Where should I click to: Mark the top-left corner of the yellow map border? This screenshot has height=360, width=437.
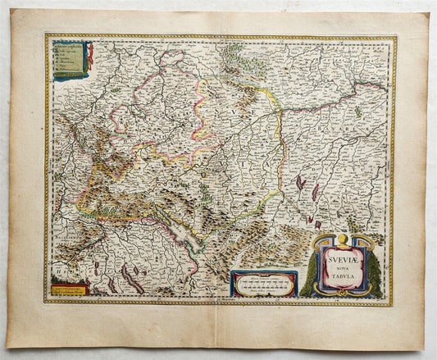[47, 37]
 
